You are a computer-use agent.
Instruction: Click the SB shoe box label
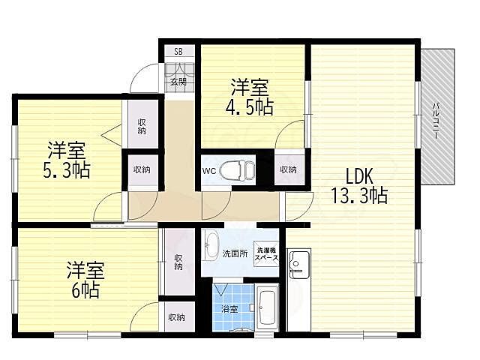178,52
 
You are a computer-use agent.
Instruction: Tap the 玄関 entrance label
178,82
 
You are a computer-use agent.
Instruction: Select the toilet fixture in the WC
238,170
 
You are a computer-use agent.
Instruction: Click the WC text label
209,170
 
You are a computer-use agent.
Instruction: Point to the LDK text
359,176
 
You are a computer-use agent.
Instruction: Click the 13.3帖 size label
360,196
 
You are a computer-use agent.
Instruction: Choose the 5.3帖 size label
67,170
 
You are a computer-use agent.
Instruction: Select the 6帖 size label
85,290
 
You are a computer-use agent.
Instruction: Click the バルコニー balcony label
436,121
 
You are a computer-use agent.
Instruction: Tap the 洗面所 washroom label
235,253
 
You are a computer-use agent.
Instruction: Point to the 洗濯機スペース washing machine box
267,253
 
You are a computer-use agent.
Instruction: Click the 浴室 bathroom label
229,309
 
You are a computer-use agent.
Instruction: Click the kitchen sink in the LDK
299,265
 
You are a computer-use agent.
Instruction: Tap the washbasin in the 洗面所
210,245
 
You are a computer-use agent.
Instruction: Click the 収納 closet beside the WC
289,169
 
